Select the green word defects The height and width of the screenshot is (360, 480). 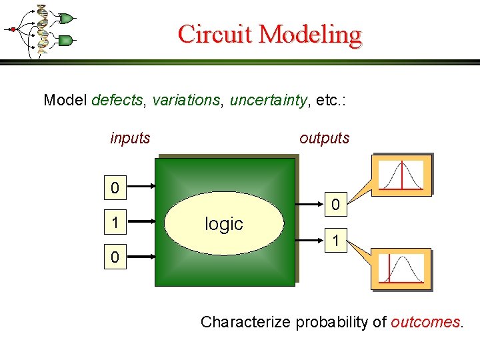[x=117, y=101]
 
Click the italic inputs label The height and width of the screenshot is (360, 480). [x=130, y=139]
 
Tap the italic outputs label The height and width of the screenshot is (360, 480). [x=325, y=139]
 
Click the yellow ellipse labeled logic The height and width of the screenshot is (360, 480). [x=223, y=224]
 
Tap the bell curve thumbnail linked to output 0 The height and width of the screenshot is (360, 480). [x=401, y=175]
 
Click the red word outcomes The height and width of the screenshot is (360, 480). [x=425, y=323]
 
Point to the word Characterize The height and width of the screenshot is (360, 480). [x=245, y=323]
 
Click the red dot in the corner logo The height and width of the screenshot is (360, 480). [x=11, y=29]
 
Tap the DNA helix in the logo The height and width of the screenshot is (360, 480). [x=42, y=28]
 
